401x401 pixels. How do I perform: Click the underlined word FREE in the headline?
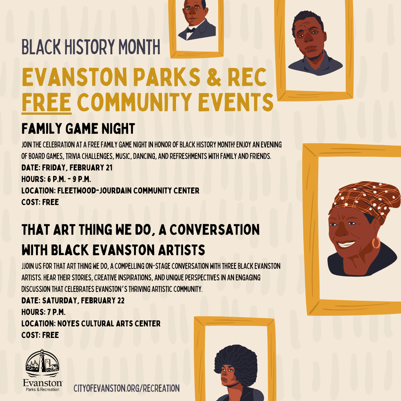[46, 102]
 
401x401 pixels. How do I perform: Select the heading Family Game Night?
[78, 128]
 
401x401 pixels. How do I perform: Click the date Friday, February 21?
[67, 168]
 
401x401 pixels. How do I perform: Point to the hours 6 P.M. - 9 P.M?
[56, 179]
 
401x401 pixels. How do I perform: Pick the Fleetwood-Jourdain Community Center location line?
[110, 191]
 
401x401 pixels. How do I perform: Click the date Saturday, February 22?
[73, 300]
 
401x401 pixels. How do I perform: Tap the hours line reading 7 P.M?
[43, 312]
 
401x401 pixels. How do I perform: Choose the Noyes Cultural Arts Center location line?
[91, 323]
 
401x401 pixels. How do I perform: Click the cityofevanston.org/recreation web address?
[127, 388]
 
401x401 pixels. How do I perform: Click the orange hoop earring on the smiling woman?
[376, 243]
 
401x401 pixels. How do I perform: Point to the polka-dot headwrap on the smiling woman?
[366, 198]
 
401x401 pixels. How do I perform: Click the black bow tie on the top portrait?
[191, 30]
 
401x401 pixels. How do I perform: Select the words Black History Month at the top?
[91, 47]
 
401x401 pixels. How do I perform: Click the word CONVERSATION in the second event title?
[215, 230]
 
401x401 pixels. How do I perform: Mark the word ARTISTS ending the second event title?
[181, 250]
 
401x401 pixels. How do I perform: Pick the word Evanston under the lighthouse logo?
[42, 383]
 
